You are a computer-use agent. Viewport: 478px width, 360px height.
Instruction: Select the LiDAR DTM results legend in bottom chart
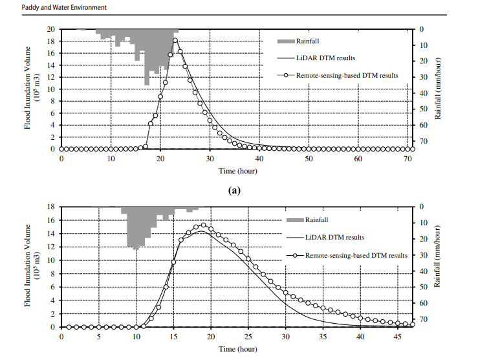point(334,238)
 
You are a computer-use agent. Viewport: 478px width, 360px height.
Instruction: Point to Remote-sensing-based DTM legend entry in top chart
point(347,75)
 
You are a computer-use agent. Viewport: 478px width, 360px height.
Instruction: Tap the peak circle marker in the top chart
point(175,41)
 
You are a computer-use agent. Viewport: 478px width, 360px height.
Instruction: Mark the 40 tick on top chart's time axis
point(259,159)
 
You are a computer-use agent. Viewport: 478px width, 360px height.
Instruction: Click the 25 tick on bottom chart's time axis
point(248,337)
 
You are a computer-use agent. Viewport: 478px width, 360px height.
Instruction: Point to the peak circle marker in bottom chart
point(203,225)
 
